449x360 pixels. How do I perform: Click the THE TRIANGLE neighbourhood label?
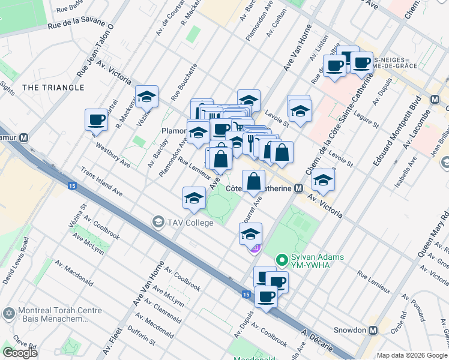click(53, 88)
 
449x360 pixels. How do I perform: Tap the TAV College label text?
click(190, 223)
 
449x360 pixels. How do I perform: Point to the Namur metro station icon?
click(24, 137)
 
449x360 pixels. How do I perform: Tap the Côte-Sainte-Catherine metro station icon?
click(298, 188)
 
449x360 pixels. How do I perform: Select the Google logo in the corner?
click(20, 353)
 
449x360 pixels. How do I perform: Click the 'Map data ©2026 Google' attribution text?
click(412, 355)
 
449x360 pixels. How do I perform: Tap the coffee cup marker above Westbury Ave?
click(96, 120)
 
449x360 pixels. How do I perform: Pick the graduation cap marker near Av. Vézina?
click(146, 97)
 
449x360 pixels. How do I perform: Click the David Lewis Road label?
click(16, 260)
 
